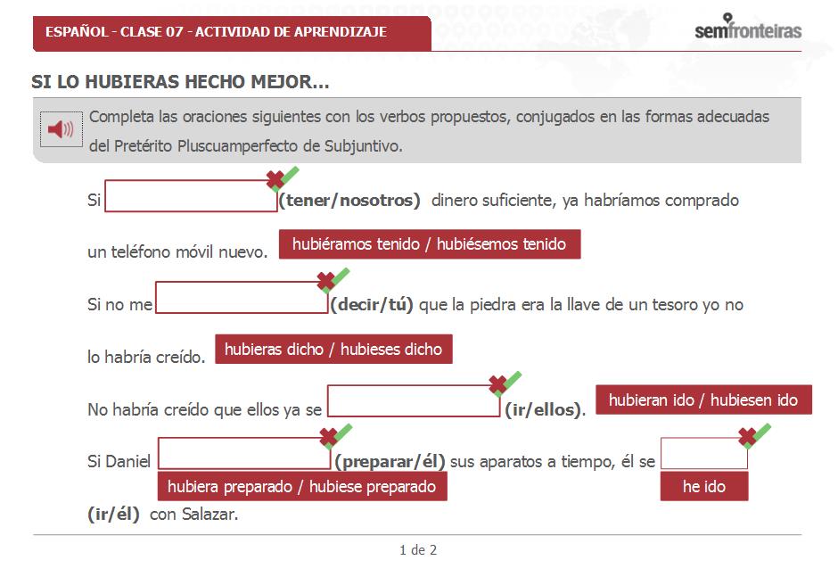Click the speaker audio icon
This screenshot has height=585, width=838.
click(61, 130)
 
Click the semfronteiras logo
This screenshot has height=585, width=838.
click(748, 29)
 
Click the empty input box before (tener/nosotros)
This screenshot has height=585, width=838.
click(191, 197)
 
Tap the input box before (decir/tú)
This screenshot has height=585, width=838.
click(242, 298)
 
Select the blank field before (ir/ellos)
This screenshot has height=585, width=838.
click(414, 402)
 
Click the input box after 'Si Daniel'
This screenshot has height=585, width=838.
click(244, 453)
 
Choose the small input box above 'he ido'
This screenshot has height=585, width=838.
click(703, 453)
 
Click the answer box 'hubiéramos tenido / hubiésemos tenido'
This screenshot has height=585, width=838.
click(430, 244)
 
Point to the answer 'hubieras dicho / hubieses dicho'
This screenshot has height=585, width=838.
click(333, 349)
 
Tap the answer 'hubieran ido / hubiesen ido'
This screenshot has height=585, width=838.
click(703, 400)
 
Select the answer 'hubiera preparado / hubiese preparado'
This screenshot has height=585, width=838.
click(301, 486)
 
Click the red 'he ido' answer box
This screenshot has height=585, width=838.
click(704, 486)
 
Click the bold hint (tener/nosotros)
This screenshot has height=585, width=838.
click(349, 201)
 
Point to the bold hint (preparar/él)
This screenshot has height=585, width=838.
click(390, 461)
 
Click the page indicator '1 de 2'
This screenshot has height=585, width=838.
click(418, 550)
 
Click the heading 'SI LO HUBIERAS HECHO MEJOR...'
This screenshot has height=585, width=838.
click(180, 83)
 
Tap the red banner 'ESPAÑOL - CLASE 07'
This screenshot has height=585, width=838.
click(216, 32)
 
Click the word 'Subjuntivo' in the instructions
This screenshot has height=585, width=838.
click(365, 145)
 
